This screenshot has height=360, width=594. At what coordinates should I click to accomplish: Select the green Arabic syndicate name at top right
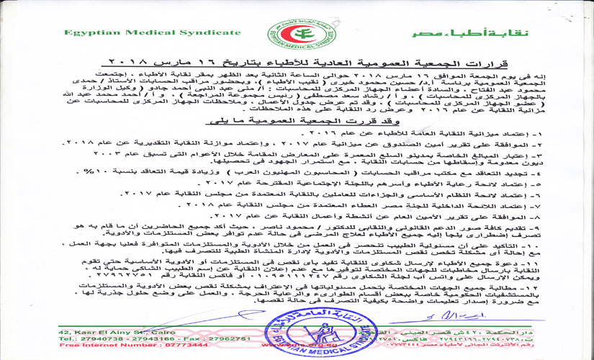click(492, 34)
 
